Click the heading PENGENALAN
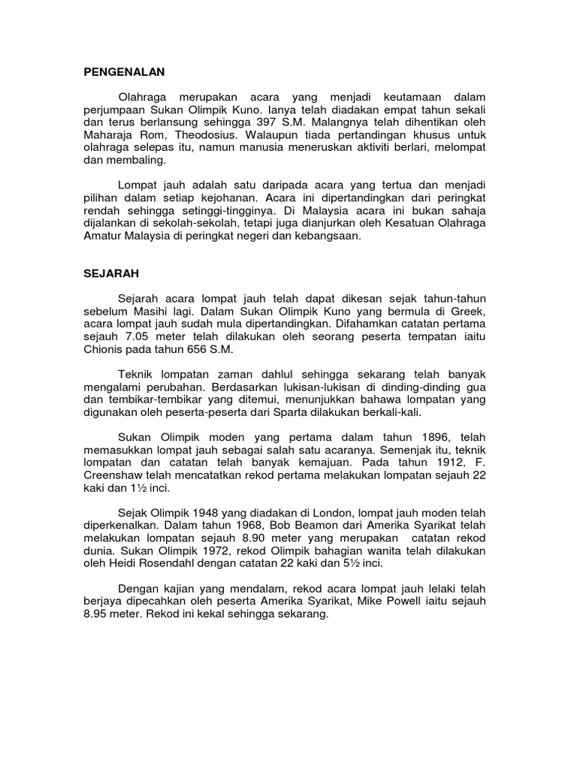click(123, 72)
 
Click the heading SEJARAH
click(113, 274)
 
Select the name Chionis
click(105, 351)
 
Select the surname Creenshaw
click(116, 476)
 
